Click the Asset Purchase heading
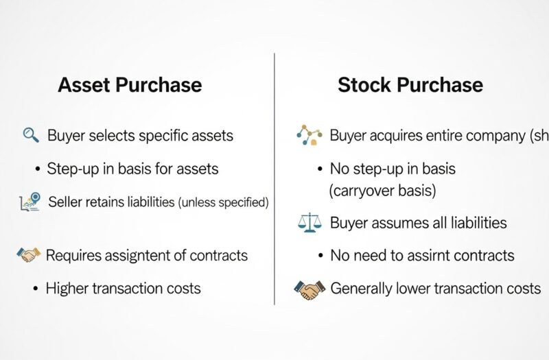tap(130, 85)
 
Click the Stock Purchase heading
tap(410, 85)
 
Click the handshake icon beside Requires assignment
tap(28, 256)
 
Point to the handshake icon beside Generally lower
tap(309, 289)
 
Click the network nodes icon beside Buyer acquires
tap(309, 135)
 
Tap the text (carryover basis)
tap(382, 190)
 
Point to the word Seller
tap(64, 202)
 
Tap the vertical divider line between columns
tap(274, 178)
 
